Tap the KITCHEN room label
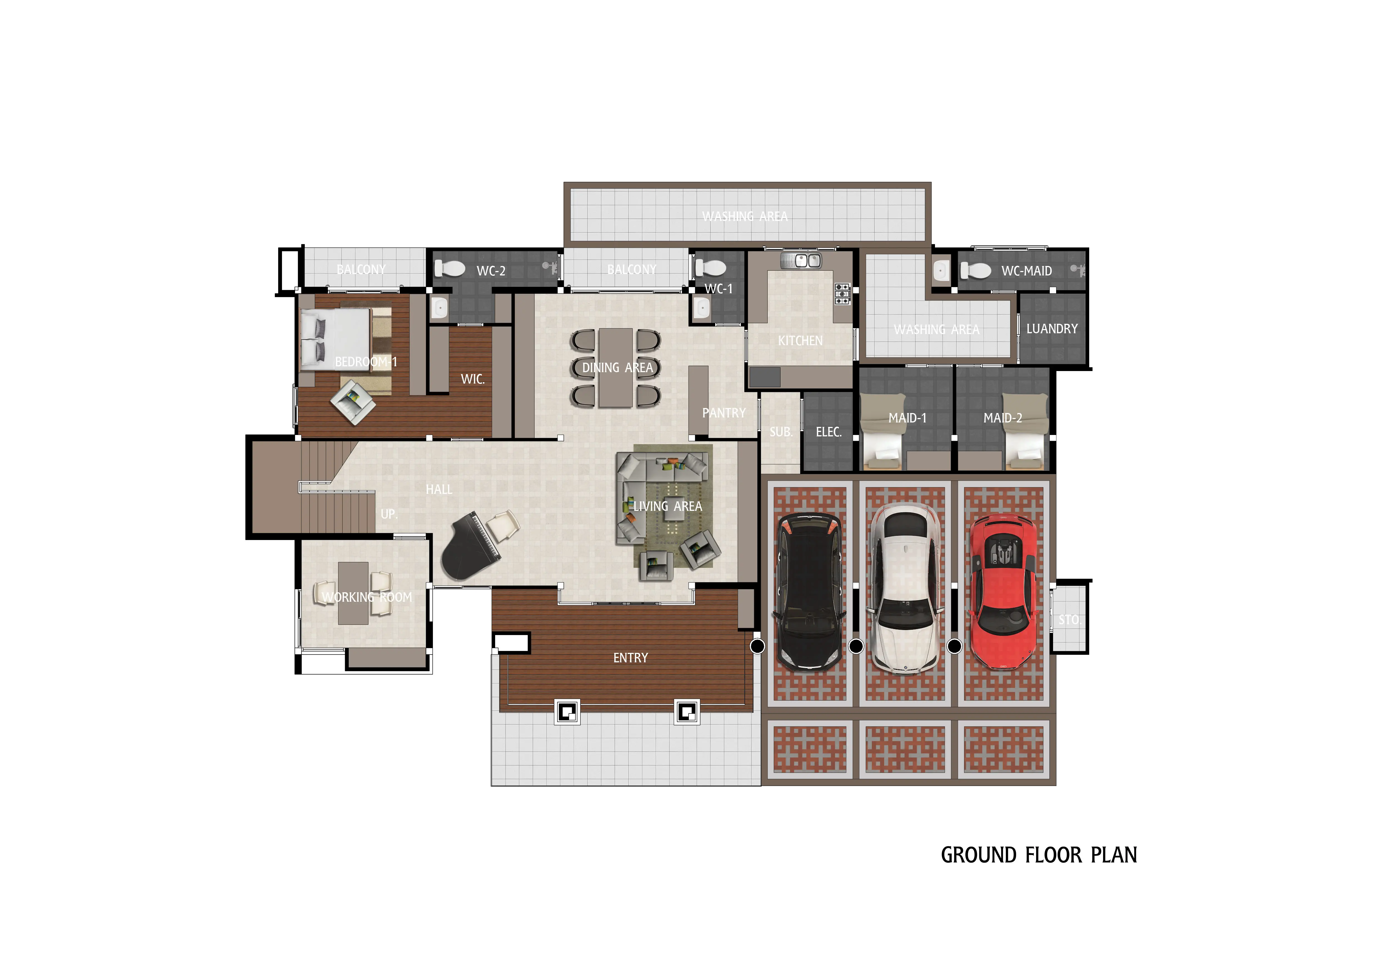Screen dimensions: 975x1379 (x=800, y=341)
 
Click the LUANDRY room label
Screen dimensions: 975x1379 (x=1052, y=329)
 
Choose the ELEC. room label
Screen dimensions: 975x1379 (x=828, y=432)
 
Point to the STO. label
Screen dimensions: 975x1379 (x=1068, y=619)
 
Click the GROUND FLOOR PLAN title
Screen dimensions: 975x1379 (x=1038, y=855)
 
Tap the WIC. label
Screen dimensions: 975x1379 (x=472, y=379)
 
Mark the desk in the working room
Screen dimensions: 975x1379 (x=353, y=593)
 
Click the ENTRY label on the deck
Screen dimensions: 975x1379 (x=630, y=658)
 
